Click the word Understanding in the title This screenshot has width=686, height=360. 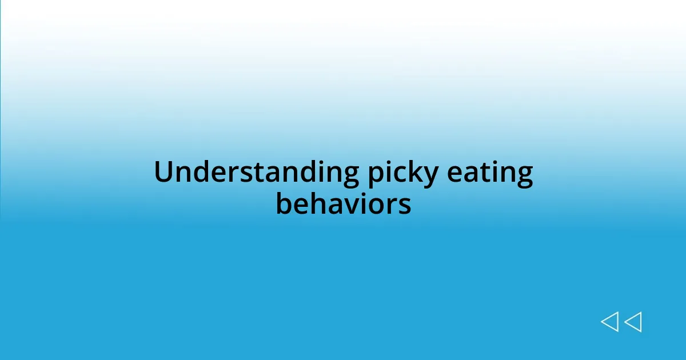point(256,173)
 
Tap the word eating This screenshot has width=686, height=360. point(490,174)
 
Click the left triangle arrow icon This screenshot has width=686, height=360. point(609,322)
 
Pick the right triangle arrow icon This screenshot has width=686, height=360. point(633,322)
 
